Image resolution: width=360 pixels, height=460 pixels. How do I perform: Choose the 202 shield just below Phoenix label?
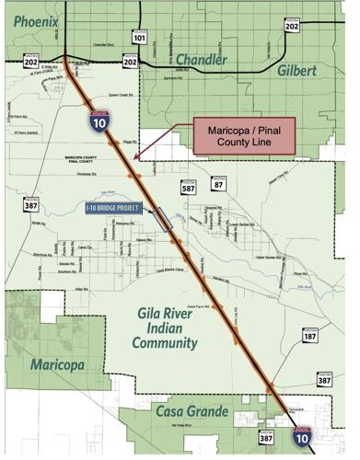click(31, 62)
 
